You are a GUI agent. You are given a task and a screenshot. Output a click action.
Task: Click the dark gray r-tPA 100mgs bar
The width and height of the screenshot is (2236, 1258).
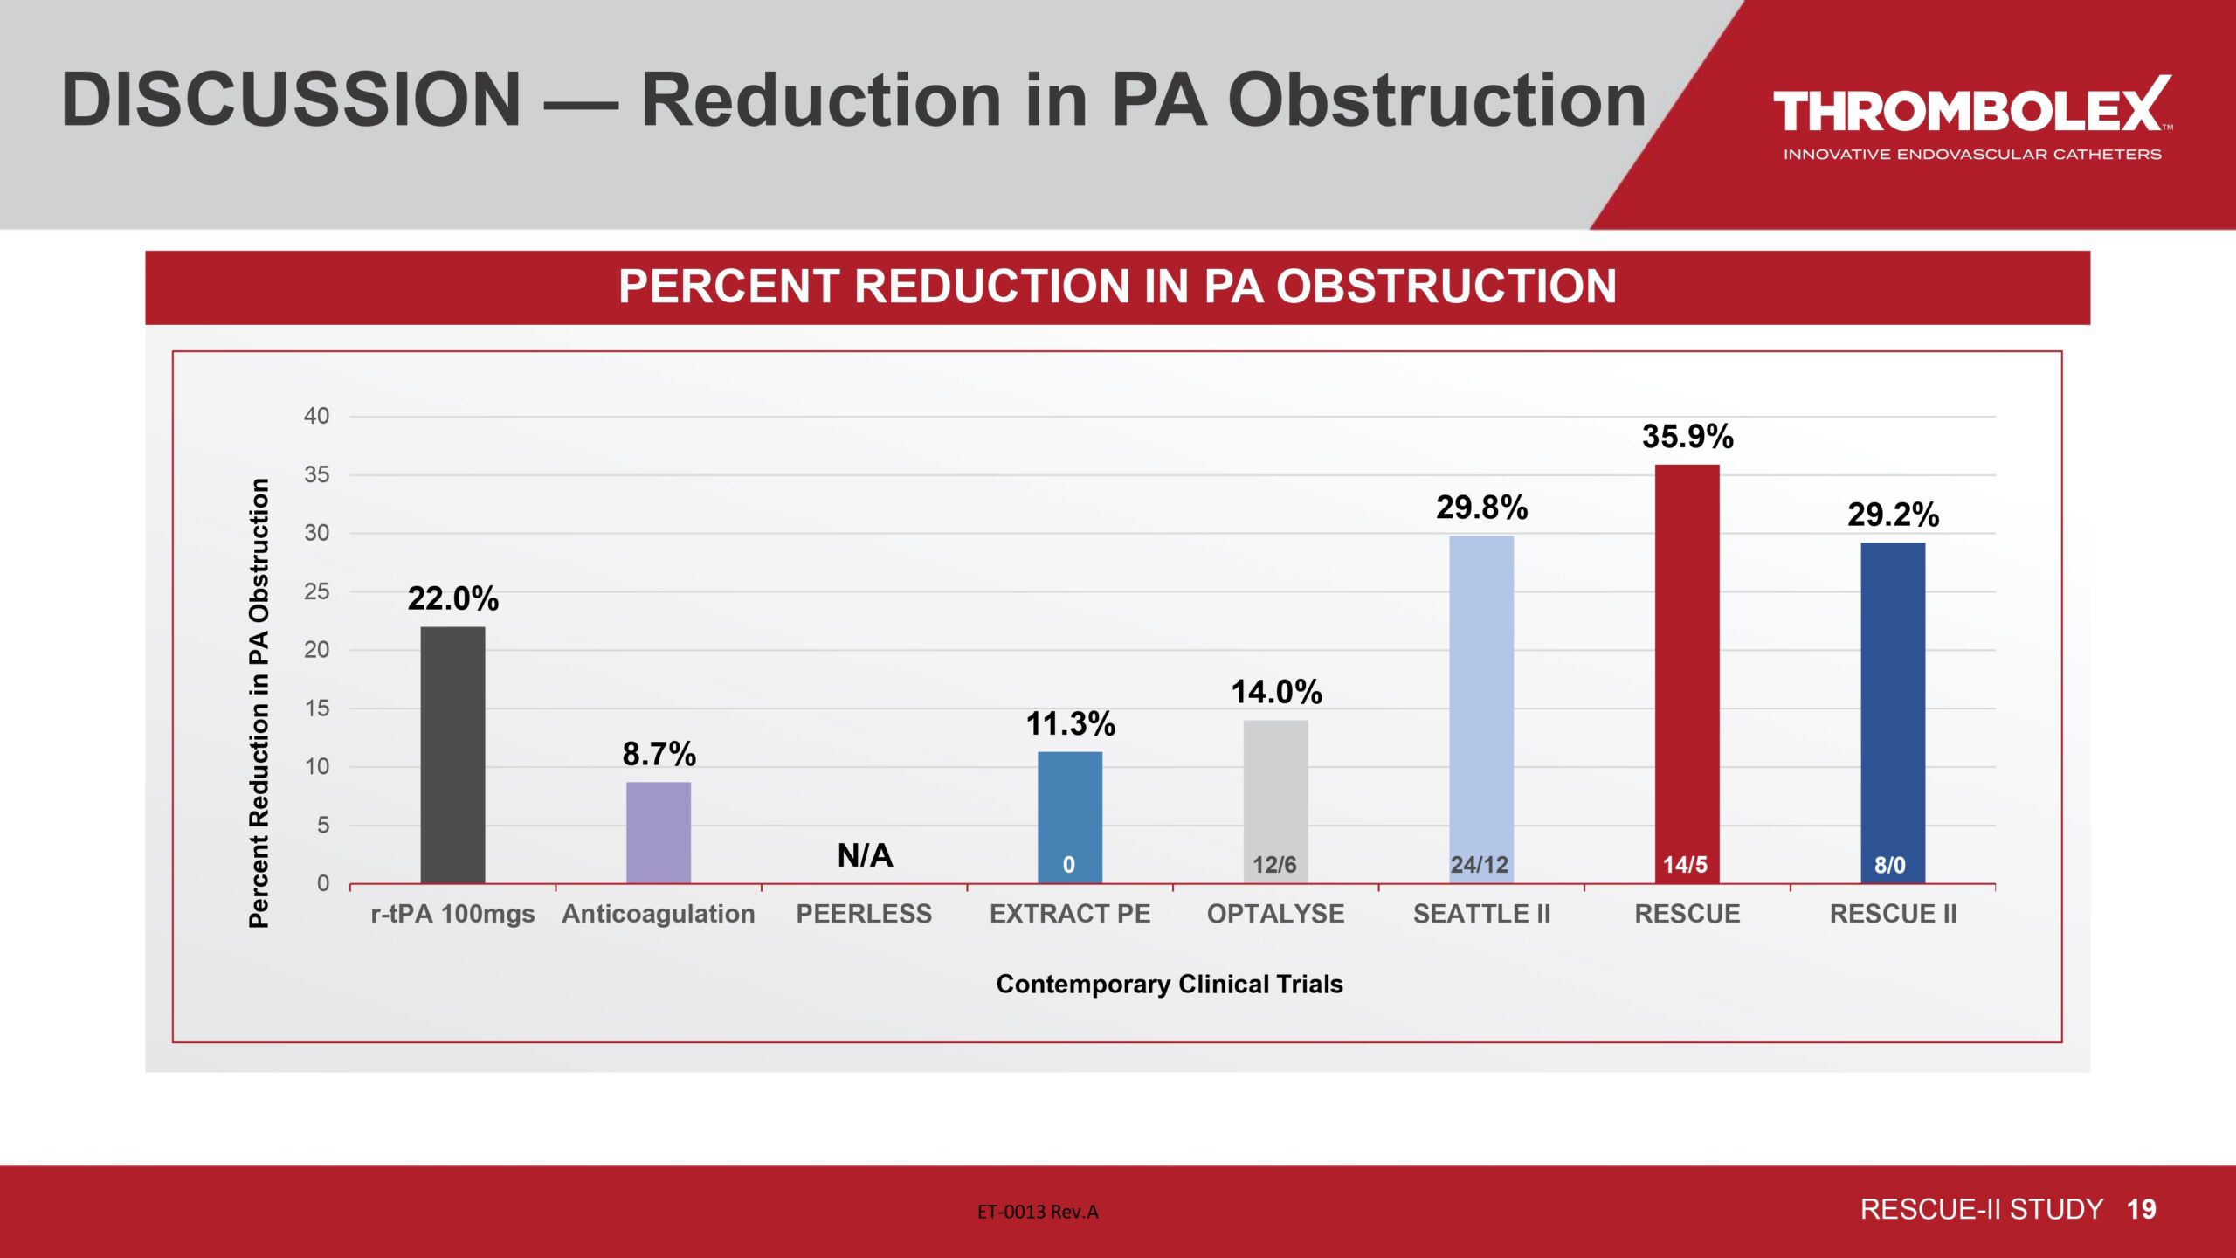(452, 755)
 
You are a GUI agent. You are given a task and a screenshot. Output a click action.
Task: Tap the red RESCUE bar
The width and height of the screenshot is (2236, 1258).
(1687, 673)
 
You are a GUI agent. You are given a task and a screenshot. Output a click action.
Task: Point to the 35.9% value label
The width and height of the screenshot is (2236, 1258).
(1687, 436)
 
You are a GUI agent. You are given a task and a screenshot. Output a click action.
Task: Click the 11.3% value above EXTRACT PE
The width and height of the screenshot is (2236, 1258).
(1070, 723)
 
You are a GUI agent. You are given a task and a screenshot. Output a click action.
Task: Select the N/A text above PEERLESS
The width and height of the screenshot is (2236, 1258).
(865, 854)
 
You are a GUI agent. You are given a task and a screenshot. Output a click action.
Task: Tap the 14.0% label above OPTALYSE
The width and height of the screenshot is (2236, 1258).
(1276, 692)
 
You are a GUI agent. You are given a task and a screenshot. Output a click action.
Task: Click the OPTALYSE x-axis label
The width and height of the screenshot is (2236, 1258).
(1275, 914)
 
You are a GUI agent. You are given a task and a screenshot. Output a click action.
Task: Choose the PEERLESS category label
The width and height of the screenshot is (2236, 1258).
(864, 914)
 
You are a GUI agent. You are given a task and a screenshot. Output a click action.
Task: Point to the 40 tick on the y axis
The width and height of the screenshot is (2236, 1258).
(316, 416)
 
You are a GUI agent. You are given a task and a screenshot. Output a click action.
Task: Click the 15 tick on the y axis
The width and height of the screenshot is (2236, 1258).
(316, 708)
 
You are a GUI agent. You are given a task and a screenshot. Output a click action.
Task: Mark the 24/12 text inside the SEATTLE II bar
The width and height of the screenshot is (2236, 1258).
(1480, 865)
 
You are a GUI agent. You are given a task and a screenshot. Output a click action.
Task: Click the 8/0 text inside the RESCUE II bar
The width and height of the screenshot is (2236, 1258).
(1890, 865)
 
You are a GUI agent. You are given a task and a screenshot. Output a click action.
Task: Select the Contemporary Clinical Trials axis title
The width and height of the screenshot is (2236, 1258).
(1170, 984)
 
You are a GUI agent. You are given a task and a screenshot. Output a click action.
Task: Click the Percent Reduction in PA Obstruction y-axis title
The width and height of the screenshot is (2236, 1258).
(259, 702)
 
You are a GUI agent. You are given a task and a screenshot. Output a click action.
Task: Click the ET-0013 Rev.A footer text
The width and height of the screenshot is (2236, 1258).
(1038, 1212)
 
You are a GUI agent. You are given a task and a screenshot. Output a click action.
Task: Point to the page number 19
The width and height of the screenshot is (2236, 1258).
(2141, 1209)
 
